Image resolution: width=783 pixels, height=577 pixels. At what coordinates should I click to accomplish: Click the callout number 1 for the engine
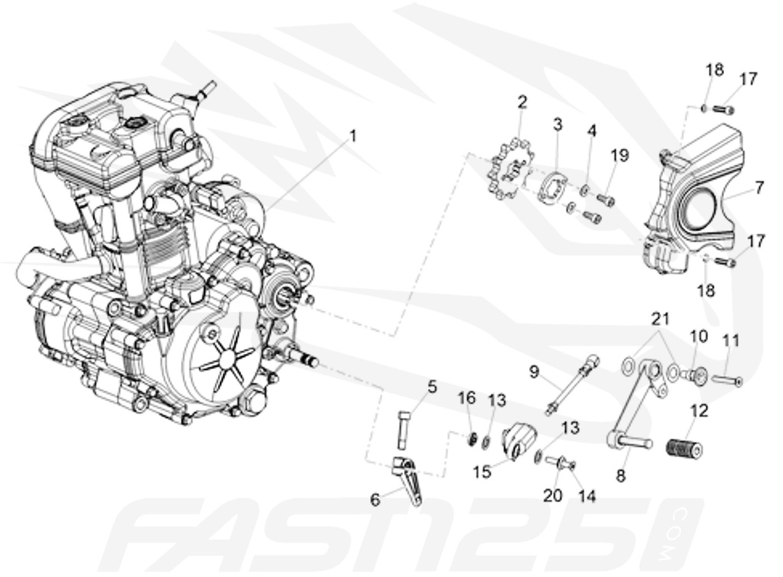(x=353, y=136)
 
